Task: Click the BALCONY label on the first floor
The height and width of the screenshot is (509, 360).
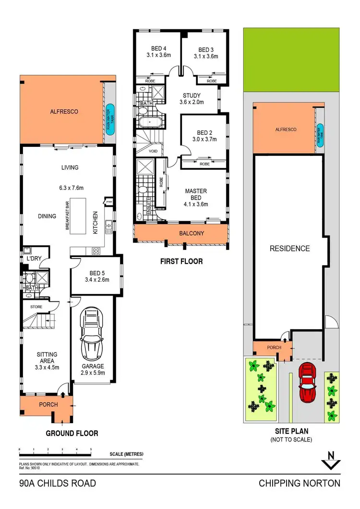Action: tap(191, 234)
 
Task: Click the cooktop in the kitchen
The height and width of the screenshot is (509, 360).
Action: tap(96, 250)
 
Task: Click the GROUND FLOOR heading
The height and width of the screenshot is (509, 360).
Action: tap(72, 433)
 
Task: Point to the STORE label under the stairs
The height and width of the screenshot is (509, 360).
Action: tap(36, 307)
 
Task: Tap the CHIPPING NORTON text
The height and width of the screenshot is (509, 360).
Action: tap(300, 483)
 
